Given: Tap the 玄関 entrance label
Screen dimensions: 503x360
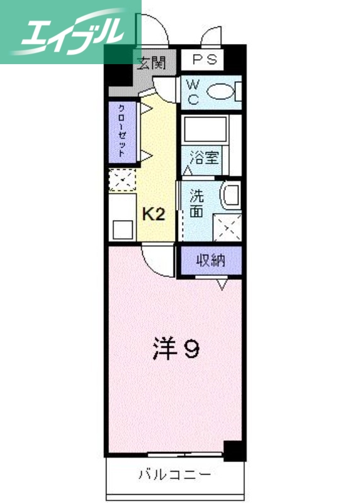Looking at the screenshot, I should (151, 62).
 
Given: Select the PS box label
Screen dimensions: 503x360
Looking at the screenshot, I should (203, 60).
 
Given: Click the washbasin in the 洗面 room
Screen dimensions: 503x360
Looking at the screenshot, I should (231, 196).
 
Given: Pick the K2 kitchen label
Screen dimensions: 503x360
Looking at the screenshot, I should (153, 214).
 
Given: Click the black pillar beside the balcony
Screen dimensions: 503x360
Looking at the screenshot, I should (233, 450).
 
